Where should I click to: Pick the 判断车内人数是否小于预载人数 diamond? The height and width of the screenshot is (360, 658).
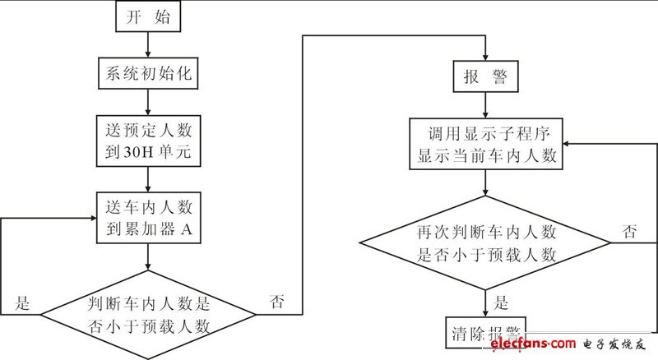pos(147,312)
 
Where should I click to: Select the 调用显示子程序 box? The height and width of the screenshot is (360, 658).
pos(487,144)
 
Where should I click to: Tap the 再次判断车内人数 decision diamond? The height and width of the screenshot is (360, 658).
pos(487,242)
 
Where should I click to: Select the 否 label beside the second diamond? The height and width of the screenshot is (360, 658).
pos(630,232)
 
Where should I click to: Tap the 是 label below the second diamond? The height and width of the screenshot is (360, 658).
pos(503,301)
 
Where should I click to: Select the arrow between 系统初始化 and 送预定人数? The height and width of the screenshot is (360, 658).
pos(147,99)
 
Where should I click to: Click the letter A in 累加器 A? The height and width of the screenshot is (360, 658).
pos(187,231)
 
